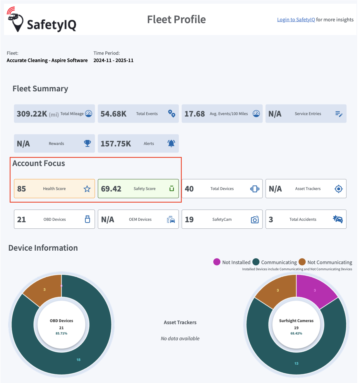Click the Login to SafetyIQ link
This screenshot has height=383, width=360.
pyautogui.click(x=296, y=20)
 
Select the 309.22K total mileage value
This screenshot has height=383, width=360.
pyautogui.click(x=32, y=114)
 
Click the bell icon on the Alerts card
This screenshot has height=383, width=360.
pyautogui.click(x=171, y=143)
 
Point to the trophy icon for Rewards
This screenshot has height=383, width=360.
pyautogui.click(x=87, y=143)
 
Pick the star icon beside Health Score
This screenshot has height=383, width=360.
pyautogui.click(x=87, y=189)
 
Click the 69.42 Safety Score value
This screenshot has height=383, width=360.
pyautogui.click(x=111, y=189)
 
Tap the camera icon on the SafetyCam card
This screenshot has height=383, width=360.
pyautogui.click(x=255, y=219)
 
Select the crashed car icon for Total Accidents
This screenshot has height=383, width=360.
pyautogui.click(x=338, y=219)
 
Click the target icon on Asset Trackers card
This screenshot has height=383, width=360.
pyautogui.click(x=338, y=189)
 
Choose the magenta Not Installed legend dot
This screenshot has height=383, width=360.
pyautogui.click(x=217, y=262)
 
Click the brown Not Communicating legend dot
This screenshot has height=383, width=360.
pyautogui.click(x=302, y=262)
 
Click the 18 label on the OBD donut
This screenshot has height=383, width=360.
pyautogui.click(x=78, y=360)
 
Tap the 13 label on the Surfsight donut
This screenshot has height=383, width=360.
pyautogui.click(x=296, y=363)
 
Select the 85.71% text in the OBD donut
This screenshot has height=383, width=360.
pyautogui.click(x=61, y=334)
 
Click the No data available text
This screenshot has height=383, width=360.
pyautogui.click(x=180, y=338)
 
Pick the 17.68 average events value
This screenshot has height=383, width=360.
pyautogui.click(x=195, y=114)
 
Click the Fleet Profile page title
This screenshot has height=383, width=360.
pyautogui.click(x=176, y=20)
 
